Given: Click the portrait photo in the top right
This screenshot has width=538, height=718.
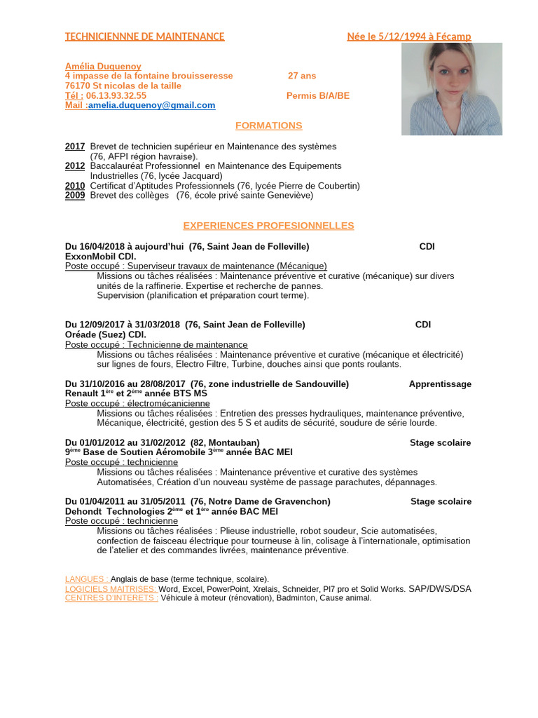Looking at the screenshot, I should pyautogui.click(x=451, y=89).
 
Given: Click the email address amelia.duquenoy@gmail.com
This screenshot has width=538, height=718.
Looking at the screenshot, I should pyautogui.click(x=152, y=105).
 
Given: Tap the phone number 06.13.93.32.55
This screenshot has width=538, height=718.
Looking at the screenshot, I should pyautogui.click(x=116, y=95).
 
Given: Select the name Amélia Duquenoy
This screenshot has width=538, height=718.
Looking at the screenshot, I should pyautogui.click(x=103, y=66).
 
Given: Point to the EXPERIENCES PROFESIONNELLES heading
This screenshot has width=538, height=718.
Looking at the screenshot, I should pyautogui.click(x=268, y=226).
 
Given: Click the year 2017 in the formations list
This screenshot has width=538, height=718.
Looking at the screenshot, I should pyautogui.click(x=75, y=147).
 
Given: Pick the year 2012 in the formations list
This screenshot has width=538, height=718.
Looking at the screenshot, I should pyautogui.click(x=75, y=166).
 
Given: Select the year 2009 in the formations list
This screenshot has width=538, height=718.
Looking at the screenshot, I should pyautogui.click(x=75, y=196).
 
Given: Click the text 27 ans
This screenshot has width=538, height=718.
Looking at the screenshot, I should pyautogui.click(x=302, y=76).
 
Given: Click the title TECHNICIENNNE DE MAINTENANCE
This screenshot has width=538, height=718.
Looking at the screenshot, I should pyautogui.click(x=145, y=36).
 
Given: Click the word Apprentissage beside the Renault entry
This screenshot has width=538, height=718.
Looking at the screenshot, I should pyautogui.click(x=440, y=384).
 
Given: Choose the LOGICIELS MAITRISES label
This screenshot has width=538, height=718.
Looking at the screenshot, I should pyautogui.click(x=111, y=589).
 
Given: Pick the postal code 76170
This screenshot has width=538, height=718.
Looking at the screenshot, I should pyautogui.click(x=78, y=86).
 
